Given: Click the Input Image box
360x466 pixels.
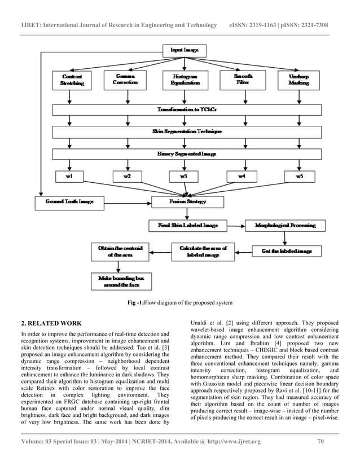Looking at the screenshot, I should [x=184, y=51].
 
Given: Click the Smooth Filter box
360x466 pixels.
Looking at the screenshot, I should [x=243, y=80].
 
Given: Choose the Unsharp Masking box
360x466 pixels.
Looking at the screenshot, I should [x=298, y=80].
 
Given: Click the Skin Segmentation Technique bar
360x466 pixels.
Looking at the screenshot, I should [x=184, y=131].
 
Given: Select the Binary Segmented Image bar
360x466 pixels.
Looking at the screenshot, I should [x=184, y=153].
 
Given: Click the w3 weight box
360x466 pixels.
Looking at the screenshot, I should [x=184, y=177].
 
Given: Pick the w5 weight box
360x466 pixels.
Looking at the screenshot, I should [x=298, y=177].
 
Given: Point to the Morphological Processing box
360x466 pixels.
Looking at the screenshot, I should [x=285, y=226].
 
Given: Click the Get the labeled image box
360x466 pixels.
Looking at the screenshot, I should [x=286, y=250].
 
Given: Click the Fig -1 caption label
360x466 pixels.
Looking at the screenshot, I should [x=136, y=305].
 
